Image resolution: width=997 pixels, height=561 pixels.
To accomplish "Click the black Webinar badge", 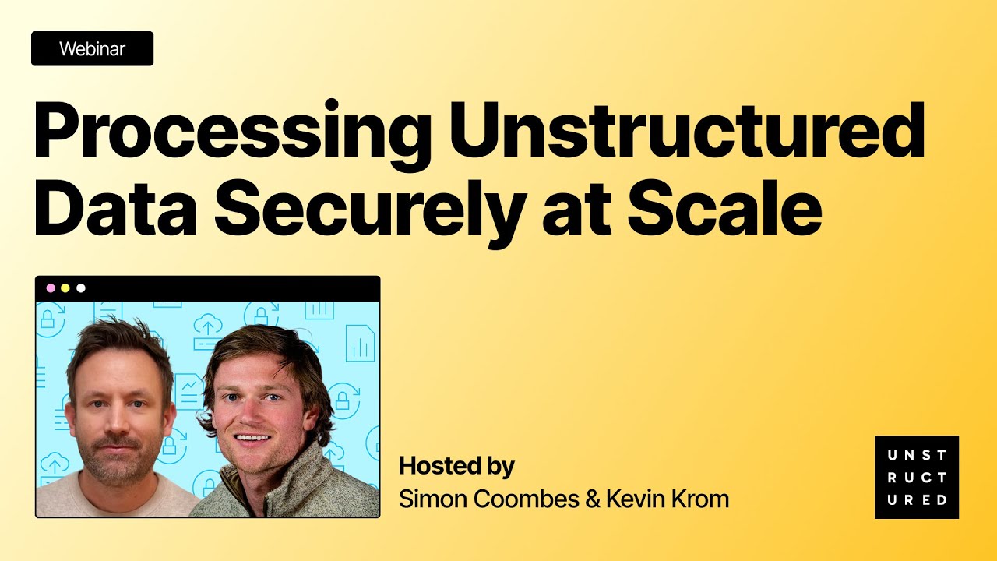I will [92, 49].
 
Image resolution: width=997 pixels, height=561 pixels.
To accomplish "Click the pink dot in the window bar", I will [51, 288].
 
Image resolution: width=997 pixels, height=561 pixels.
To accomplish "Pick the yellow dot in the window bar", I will [65, 288].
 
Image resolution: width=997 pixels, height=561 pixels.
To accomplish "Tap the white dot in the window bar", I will [81, 288].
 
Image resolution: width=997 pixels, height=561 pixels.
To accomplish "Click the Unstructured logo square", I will [917, 478].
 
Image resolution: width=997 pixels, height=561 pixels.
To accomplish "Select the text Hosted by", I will [456, 467].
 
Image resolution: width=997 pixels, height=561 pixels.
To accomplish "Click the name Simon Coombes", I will [483, 499].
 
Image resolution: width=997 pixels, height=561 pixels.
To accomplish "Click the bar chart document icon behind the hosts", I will [359, 344].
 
